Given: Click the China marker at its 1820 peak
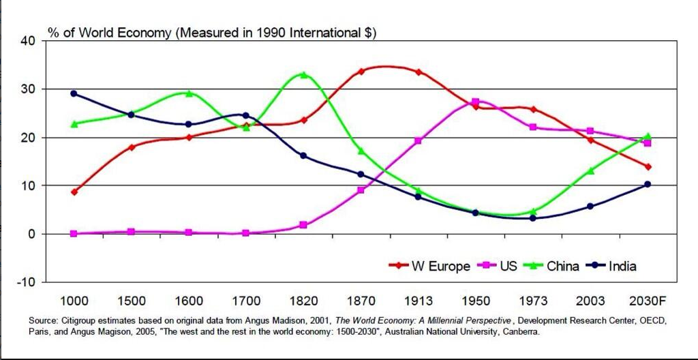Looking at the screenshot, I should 303,75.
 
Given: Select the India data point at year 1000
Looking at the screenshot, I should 74,93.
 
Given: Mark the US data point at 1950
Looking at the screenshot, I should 476,102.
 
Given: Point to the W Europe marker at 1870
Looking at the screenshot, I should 361,71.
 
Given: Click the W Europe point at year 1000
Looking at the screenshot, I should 74,192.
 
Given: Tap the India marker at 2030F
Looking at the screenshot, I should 648,184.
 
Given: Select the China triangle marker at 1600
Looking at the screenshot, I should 189,93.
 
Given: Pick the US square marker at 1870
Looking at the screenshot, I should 361,190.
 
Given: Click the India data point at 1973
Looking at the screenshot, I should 533,218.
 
